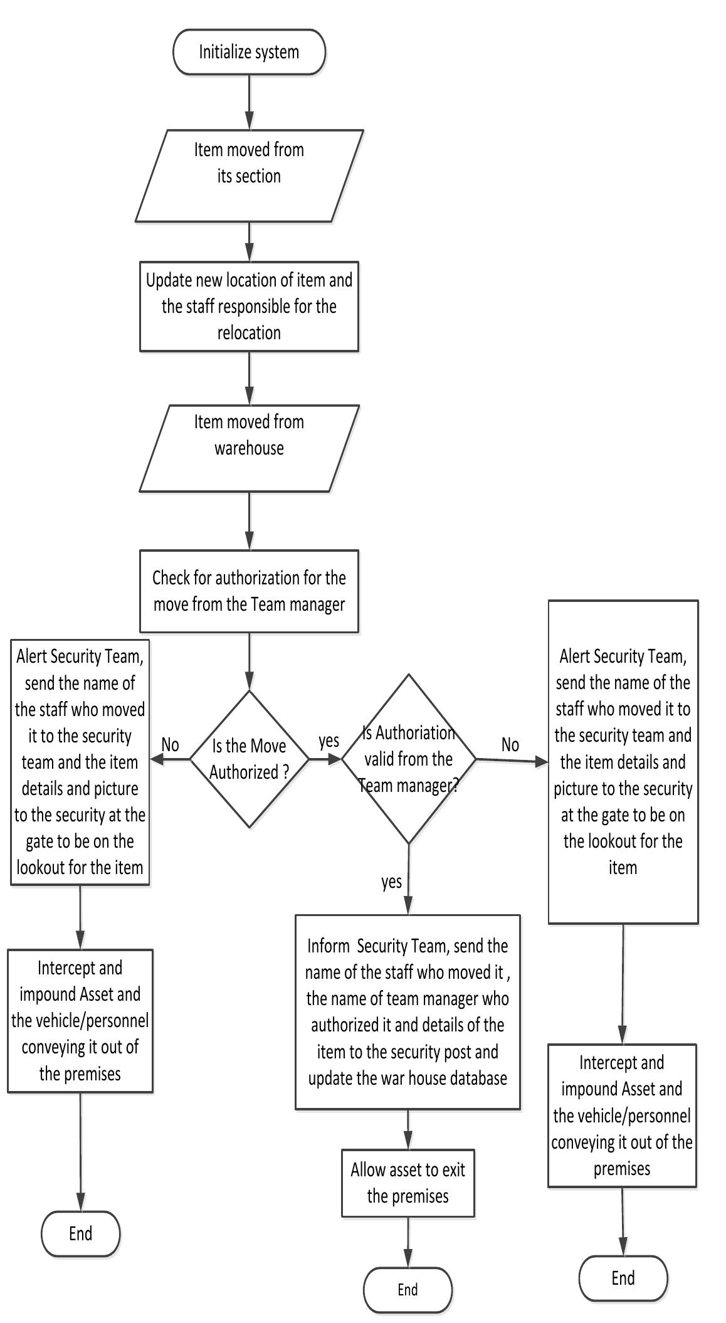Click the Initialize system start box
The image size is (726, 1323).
pyautogui.click(x=249, y=52)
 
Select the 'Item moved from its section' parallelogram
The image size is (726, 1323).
pyautogui.click(x=249, y=176)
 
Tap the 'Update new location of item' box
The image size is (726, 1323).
pyautogui.click(x=249, y=307)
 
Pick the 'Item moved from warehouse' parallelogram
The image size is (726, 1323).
pyautogui.click(x=249, y=448)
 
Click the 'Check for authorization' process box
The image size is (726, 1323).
pyautogui.click(x=249, y=591)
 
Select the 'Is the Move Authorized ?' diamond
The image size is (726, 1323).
pyautogui.click(x=249, y=759)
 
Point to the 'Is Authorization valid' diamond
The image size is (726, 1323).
pyautogui.click(x=409, y=759)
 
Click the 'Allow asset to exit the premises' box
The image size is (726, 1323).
pyautogui.click(x=408, y=1183)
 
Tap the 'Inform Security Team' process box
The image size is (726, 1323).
pyautogui.click(x=408, y=1012)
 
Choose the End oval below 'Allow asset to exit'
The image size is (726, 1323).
pyautogui.click(x=408, y=1290)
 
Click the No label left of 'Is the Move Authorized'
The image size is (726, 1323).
pyautogui.click(x=171, y=744)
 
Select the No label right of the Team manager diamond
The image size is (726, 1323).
pyautogui.click(x=510, y=744)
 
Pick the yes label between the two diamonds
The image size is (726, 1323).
pyautogui.click(x=329, y=741)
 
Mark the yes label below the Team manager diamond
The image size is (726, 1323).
pyautogui.click(x=392, y=882)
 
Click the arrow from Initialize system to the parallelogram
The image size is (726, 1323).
pyautogui.click(x=250, y=102)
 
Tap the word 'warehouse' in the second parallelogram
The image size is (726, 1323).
pyautogui.click(x=249, y=448)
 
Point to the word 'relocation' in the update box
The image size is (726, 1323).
pyautogui.click(x=249, y=333)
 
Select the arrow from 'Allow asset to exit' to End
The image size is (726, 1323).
pyautogui.click(x=408, y=1242)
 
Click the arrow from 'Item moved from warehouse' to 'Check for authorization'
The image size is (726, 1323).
pyautogui.click(x=250, y=521)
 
